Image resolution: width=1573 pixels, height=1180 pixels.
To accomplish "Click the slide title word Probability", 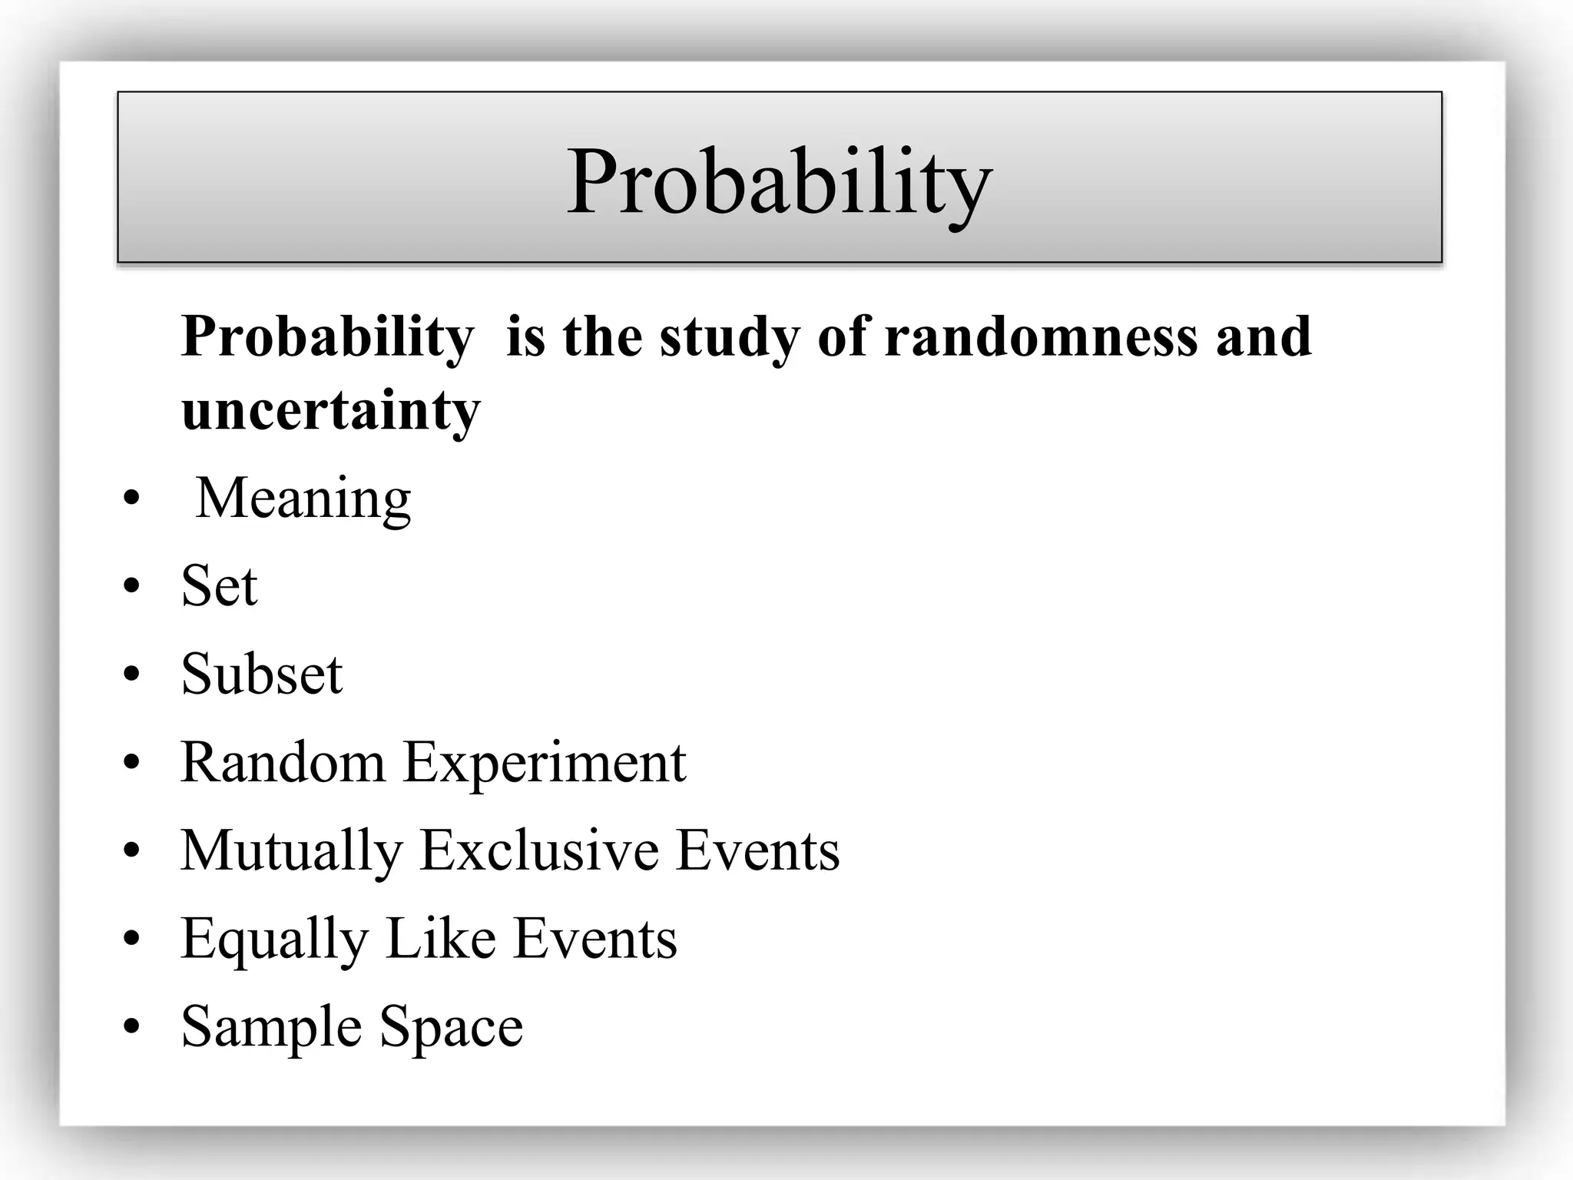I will (779, 183).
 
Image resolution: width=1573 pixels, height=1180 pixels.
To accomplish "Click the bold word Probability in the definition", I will (328, 338).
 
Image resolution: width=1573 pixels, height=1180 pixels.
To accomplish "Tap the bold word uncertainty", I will (331, 410).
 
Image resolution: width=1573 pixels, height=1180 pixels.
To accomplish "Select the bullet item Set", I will (219, 586).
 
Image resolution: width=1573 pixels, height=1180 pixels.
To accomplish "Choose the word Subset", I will (261, 675).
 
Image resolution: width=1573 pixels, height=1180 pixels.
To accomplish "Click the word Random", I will (283, 763).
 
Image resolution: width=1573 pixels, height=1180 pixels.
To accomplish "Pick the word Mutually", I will (292, 851).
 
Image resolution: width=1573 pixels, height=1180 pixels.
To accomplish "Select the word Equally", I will (274, 939).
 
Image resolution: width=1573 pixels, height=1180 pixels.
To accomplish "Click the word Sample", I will (271, 1027).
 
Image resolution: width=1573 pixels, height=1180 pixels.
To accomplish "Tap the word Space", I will (452, 1027).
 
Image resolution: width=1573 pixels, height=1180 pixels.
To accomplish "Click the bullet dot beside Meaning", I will (132, 499).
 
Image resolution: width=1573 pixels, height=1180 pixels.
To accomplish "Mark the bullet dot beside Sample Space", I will (132, 1026).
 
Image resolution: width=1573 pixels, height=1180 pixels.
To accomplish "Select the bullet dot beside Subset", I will (132, 674).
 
